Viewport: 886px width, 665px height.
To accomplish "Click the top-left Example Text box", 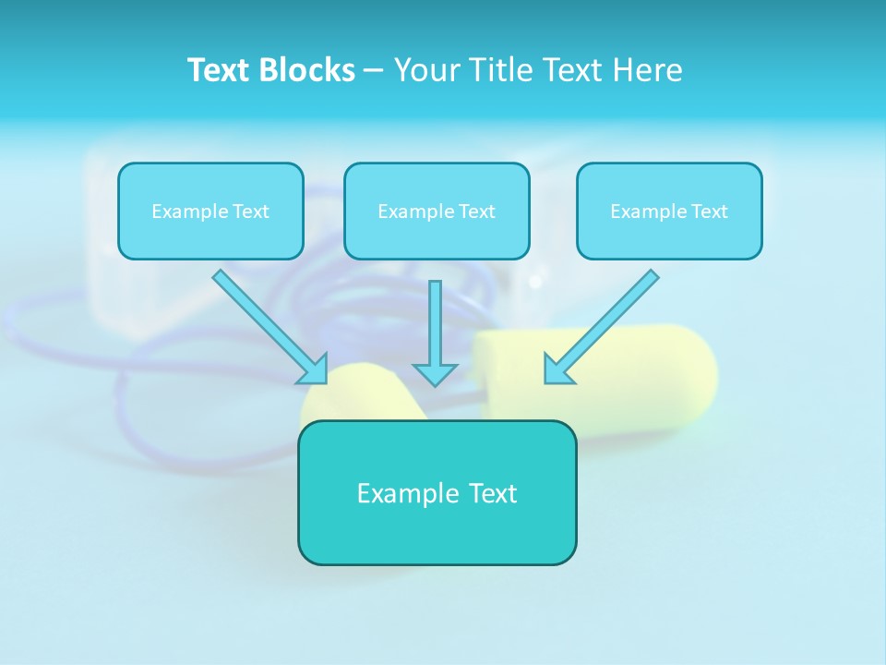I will pos(210,211).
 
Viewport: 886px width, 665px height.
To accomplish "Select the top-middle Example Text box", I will pos(437,211).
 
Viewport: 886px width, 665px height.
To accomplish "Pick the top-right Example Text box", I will pos(669,211).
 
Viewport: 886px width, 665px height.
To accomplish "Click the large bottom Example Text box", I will pos(437,492).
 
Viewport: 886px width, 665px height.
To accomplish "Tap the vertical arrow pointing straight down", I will pos(435,323).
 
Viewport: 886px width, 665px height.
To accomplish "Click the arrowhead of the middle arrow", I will pos(435,373).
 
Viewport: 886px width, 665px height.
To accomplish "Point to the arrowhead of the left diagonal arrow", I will pos(314,369).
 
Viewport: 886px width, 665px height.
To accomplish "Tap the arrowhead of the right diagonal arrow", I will pos(557,369).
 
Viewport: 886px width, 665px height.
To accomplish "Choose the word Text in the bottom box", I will pos(492,493).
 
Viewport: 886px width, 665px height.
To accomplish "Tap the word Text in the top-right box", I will pos(709,212).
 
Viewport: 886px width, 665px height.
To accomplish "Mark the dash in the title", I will pos(374,71).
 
